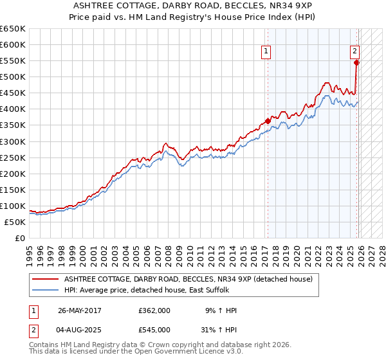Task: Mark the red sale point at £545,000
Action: point(356,62)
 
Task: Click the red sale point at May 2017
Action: point(268,121)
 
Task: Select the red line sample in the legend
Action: point(45,279)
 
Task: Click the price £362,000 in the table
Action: point(154,310)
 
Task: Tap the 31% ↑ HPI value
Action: point(218,329)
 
